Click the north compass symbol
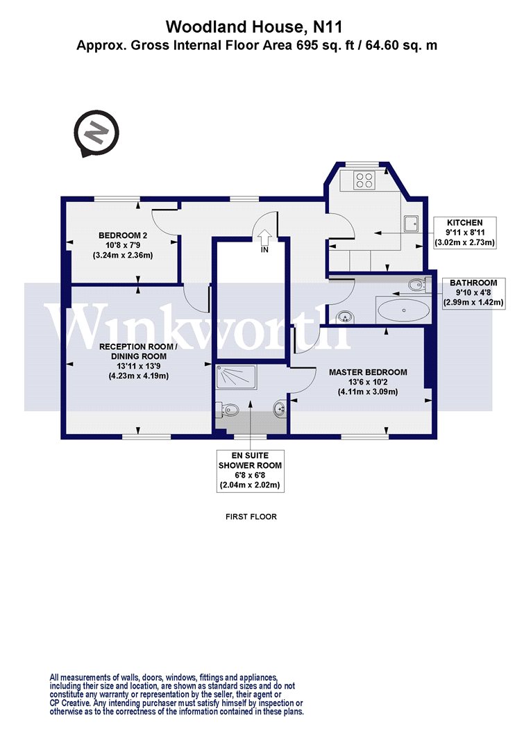pos(96,133)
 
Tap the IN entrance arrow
pos(265,237)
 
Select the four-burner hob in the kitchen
pos(364,181)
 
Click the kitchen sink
pos(411,224)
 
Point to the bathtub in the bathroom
pos(404,310)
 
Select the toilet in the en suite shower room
pos(228,409)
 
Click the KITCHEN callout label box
pos(464,233)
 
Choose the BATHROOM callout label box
pos(473,292)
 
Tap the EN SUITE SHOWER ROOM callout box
pos(250,471)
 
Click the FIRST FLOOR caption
pos(251,517)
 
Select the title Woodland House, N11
pos(254,26)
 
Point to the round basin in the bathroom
pos(345,317)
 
